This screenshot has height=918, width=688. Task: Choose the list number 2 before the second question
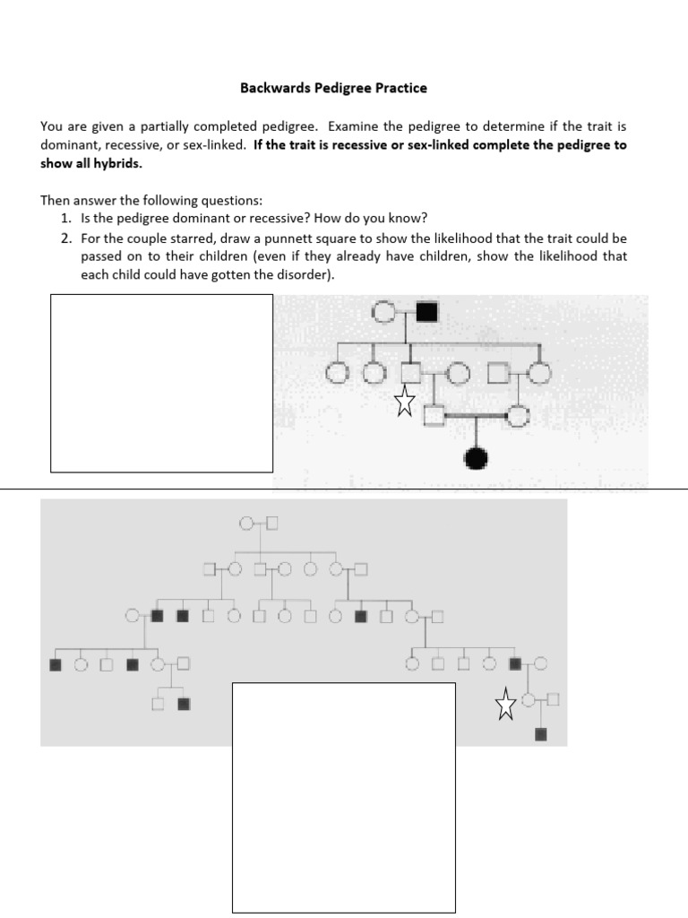tap(64, 239)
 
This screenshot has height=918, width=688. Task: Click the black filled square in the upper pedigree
tap(426, 313)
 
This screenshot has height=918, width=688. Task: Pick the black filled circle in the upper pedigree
tap(477, 459)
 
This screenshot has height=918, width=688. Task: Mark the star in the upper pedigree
tap(405, 403)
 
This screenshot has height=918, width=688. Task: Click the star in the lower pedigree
tap(506, 705)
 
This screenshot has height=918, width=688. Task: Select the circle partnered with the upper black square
tap(383, 313)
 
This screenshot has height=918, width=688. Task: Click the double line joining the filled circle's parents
tap(476, 415)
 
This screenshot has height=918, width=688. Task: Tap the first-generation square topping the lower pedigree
tap(272, 523)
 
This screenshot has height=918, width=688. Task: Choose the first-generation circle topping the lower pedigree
tap(247, 523)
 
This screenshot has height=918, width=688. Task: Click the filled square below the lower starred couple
tap(540, 735)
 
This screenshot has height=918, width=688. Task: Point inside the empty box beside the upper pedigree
tap(161, 383)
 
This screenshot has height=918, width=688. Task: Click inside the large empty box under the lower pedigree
tap(344, 798)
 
